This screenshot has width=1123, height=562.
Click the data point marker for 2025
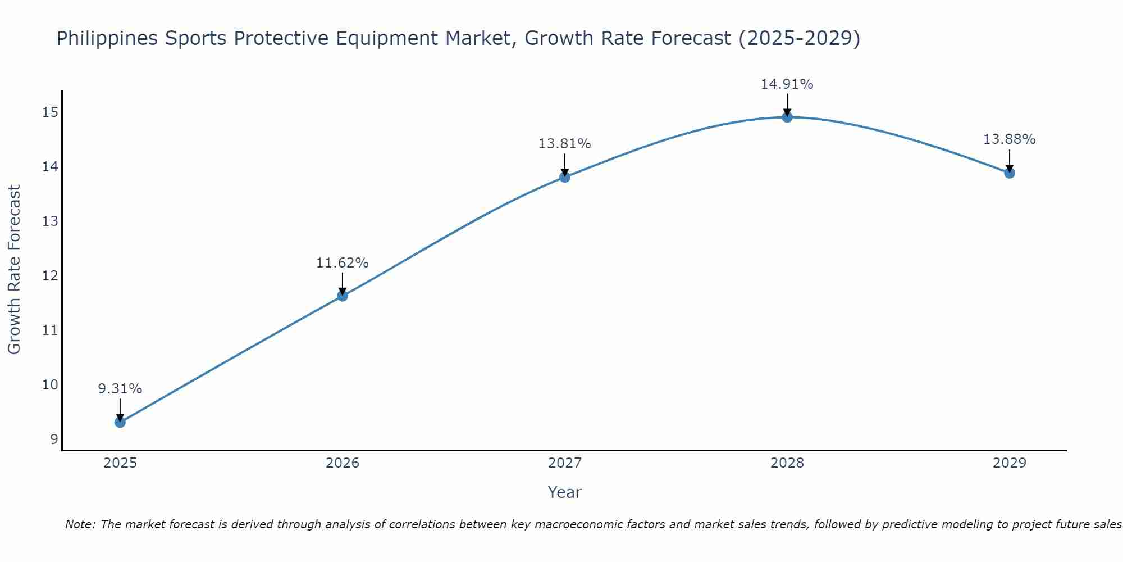120,422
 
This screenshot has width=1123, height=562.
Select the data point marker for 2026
343,296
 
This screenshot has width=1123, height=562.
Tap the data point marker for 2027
565,177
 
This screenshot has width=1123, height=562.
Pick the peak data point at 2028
787,117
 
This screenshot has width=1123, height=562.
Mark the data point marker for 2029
1010,173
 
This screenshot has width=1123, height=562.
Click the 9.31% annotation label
120,389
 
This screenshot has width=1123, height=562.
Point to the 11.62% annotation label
343,263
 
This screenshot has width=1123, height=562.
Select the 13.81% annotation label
565,144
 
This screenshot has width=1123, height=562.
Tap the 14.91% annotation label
787,84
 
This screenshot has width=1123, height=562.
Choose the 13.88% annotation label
1010,139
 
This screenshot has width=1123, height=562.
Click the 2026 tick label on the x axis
343,463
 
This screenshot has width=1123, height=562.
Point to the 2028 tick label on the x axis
787,463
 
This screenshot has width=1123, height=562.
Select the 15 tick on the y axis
50,112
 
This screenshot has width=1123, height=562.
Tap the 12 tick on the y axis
50,276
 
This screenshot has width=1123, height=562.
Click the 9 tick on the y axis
54,439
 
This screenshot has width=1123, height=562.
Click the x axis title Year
564,492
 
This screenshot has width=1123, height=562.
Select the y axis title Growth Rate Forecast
15,270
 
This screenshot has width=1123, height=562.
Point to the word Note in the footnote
80,524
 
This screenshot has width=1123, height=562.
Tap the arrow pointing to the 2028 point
787,104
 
